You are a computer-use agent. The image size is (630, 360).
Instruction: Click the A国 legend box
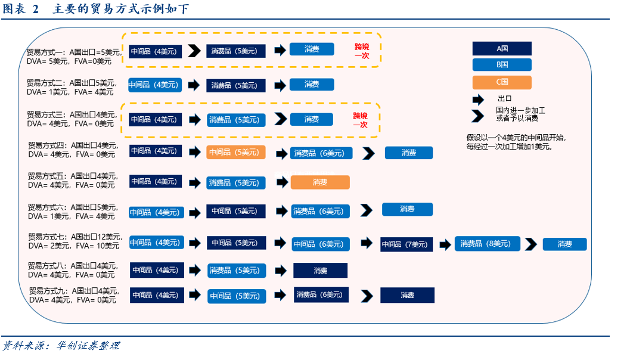[x=502, y=48]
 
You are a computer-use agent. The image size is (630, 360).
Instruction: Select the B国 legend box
[x=502, y=64]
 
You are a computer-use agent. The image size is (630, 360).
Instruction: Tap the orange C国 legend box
[x=502, y=82]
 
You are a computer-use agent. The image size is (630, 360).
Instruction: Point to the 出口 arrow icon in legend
[x=478, y=99]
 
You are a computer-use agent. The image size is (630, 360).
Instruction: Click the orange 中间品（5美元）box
[x=236, y=152]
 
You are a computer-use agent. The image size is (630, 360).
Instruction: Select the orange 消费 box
[x=320, y=182]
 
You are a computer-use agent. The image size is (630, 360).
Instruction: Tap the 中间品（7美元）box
[x=406, y=244]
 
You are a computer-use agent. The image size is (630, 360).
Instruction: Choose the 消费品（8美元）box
[x=487, y=244]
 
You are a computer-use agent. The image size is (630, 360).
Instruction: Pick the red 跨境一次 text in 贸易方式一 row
[x=362, y=51]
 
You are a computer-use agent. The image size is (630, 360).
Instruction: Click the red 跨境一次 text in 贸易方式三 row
[x=361, y=120]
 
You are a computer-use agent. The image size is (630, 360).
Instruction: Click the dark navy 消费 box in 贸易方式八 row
[x=320, y=271]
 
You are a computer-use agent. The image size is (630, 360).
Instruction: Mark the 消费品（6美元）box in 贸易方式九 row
[x=321, y=294]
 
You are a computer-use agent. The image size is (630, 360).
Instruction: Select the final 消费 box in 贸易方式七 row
[x=564, y=244]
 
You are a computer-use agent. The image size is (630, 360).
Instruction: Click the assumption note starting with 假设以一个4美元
[x=516, y=141]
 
